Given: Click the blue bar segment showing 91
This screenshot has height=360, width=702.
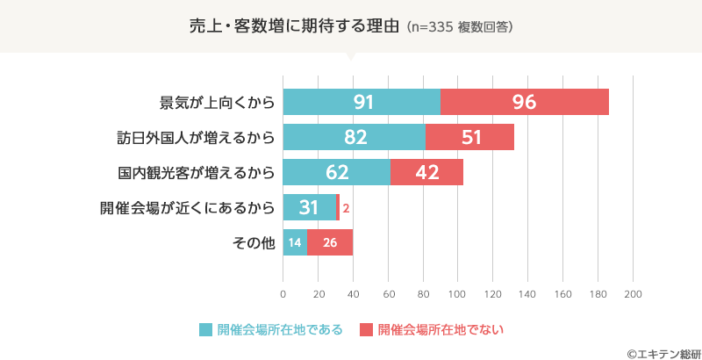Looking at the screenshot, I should point(362,102).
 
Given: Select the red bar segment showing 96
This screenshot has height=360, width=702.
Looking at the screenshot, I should point(524,102).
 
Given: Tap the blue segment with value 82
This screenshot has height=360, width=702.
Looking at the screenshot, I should point(355,137).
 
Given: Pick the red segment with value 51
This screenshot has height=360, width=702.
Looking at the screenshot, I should point(470,137).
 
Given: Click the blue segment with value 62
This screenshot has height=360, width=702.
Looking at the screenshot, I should point(337,172).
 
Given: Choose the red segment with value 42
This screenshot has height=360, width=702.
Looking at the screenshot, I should point(426,172).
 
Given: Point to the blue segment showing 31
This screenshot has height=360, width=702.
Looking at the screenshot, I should point(309,207).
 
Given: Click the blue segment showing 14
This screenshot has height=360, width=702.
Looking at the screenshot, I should point(295,242).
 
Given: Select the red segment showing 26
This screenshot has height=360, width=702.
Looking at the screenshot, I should point(330,242).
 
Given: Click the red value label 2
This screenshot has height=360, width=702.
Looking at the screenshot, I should point(347,208).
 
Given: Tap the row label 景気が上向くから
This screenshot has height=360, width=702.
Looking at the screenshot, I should point(217,102).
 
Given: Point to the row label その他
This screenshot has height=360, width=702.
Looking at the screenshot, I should point(254,242).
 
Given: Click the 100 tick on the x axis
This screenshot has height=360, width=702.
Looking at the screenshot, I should point(458,293).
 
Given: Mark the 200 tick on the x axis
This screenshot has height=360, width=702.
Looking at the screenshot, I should point(634,293).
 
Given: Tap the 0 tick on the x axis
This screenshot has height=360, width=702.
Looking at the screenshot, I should point(283,293).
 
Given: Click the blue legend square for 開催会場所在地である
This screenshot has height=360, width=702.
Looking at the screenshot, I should point(206,330).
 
